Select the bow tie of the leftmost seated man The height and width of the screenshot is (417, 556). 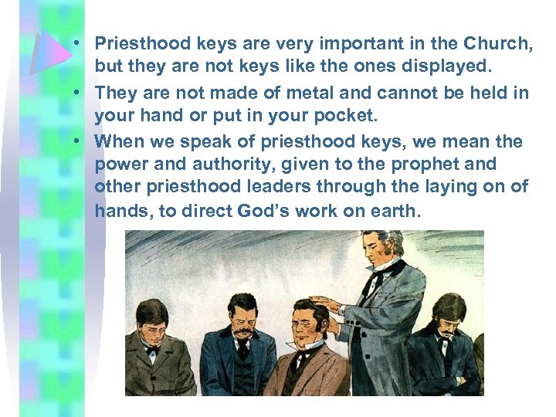coord(152,349)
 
